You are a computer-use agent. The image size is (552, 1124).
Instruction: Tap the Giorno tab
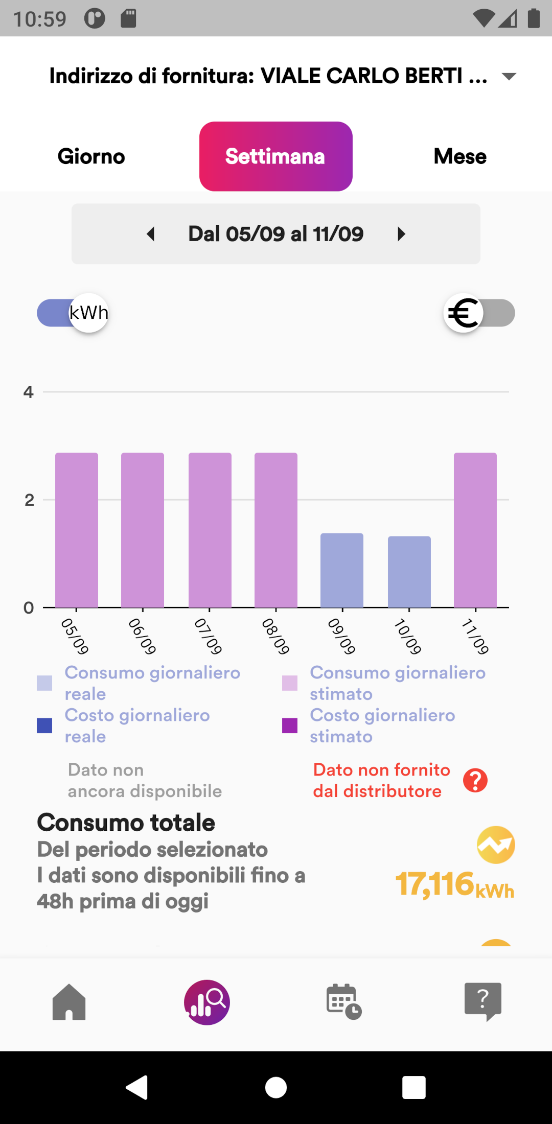point(91,156)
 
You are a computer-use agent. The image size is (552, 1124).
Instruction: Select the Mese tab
point(460,156)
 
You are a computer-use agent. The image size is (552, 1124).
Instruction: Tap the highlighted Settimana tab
point(275,156)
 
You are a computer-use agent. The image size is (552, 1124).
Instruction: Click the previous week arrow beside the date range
point(151,234)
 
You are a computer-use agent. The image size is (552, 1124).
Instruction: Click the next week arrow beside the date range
point(401,234)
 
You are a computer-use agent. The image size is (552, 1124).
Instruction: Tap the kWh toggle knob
point(89,313)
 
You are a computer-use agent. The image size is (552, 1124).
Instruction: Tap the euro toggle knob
point(464,313)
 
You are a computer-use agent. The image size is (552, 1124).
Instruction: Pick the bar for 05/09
point(77,530)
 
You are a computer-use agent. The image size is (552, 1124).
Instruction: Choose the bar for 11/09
point(475,530)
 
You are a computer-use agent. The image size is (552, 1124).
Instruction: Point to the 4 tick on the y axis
point(29,392)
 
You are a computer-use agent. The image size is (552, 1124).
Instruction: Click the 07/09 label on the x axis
point(209,636)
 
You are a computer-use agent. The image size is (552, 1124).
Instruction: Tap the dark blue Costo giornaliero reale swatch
point(44,725)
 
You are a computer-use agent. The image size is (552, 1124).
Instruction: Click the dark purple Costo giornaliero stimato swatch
point(290,725)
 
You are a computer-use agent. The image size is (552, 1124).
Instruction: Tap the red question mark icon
point(475,781)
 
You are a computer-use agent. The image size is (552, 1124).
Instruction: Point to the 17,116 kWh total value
point(454,884)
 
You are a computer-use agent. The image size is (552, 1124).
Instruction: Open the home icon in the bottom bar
point(69,1002)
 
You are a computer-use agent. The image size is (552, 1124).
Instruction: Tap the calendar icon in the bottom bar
point(344,1002)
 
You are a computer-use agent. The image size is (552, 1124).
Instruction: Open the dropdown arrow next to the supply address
point(509,77)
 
